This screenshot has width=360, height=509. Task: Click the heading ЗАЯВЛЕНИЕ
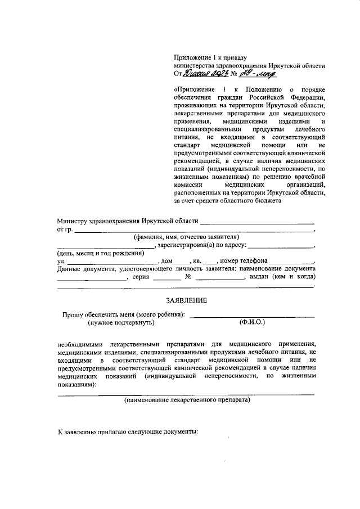tap(186, 300)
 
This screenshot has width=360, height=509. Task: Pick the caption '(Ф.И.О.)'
tap(251, 323)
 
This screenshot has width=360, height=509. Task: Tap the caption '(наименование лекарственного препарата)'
tap(187, 401)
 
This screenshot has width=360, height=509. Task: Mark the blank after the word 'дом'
tap(182, 262)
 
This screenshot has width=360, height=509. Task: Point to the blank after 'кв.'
tap(209, 262)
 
